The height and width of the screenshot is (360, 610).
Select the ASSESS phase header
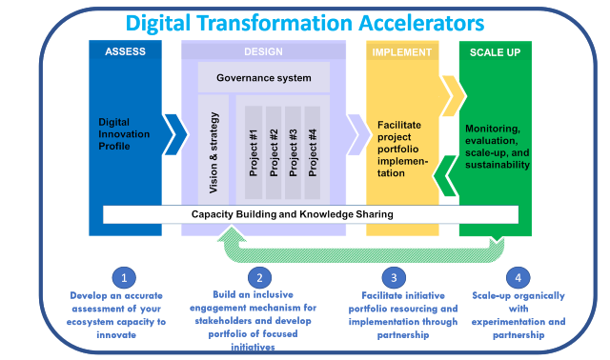tap(126, 51)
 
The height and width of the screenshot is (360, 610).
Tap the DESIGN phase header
tap(263, 51)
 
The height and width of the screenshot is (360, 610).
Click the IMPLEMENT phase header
tap(401, 51)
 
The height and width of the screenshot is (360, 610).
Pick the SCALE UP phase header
tap(495, 51)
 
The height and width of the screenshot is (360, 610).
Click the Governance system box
tap(264, 77)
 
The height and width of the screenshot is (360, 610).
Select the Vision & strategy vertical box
tap(213, 148)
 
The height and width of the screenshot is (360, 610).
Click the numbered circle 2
tap(258, 278)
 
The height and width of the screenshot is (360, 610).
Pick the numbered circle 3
tap(395, 278)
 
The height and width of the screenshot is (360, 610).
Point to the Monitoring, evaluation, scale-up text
tap(497, 146)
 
